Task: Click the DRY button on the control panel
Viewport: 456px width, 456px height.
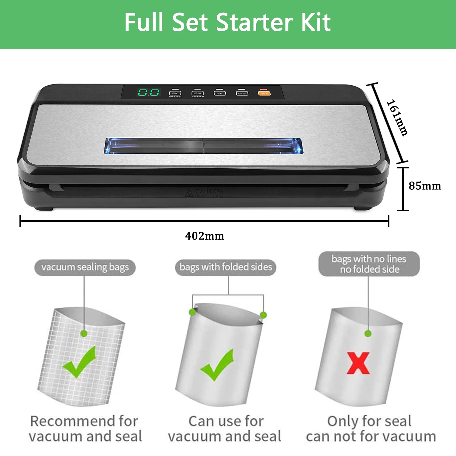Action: [x=175, y=93]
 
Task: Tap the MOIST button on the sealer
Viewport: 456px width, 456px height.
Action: [x=197, y=93]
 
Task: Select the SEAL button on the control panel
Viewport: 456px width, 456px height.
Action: [x=220, y=93]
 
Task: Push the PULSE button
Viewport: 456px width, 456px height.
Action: [x=242, y=93]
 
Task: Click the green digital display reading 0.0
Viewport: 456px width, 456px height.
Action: [x=148, y=93]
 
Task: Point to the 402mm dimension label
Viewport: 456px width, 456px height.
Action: [x=205, y=236]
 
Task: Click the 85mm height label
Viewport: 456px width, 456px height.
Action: [x=425, y=186]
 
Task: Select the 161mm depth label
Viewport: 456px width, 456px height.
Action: [x=398, y=118]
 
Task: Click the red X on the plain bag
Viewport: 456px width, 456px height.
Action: [x=358, y=363]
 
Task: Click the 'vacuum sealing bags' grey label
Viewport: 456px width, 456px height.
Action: [x=85, y=267]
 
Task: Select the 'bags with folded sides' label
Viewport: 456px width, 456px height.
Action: [x=226, y=267]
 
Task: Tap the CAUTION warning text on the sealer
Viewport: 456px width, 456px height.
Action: [x=209, y=192]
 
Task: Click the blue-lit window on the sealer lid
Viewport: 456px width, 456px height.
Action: [x=203, y=146]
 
